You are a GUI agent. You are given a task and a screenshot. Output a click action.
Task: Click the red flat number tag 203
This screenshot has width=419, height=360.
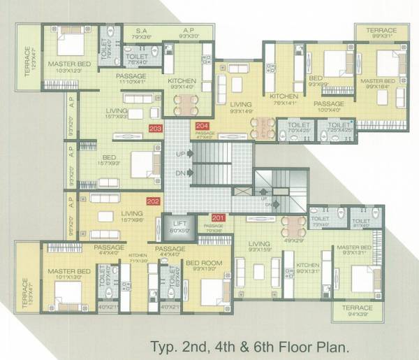pyautogui.click(x=156, y=128)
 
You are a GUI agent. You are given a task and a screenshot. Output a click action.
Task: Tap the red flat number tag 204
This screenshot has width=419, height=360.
pyautogui.click(x=202, y=126)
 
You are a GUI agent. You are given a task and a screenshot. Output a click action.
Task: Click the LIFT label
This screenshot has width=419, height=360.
pyautogui.click(x=179, y=224)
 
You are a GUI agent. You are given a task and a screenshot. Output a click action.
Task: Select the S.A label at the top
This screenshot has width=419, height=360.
pyautogui.click(x=141, y=31)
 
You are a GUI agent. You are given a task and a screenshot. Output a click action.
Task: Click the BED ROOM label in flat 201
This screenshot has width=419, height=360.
pyautogui.click(x=203, y=263)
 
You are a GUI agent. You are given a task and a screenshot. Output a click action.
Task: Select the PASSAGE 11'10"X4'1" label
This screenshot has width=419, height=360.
pyautogui.click(x=131, y=75)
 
